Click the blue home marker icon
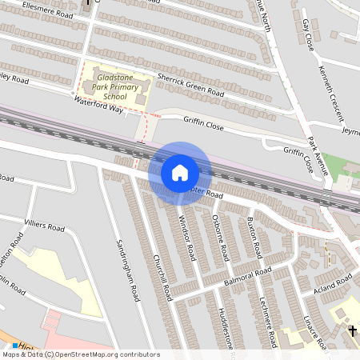(x=180, y=172)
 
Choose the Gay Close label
(x=308, y=33)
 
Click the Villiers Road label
(x=44, y=227)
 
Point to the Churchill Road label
(x=162, y=278)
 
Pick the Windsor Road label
(x=186, y=239)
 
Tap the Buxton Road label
(x=254, y=236)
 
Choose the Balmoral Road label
(x=249, y=276)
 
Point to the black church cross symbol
(x=353, y=330)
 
